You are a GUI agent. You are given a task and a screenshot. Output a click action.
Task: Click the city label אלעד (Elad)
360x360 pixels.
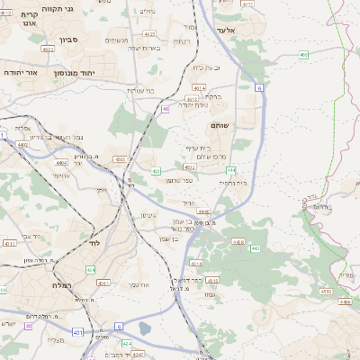(x=249, y=30)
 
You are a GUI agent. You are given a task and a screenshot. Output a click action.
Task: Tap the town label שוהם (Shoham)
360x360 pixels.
(x=220, y=127)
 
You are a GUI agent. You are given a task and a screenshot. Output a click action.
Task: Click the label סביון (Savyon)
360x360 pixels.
(x=70, y=40)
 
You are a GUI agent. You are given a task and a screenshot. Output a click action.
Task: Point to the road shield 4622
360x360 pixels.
(x=190, y=166)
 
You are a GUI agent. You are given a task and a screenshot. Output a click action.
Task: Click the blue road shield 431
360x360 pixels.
(x=77, y=333)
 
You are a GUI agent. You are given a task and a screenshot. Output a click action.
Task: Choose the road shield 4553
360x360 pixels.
(x=326, y=292)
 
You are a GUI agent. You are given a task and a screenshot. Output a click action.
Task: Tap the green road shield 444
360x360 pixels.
(x=231, y=169)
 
